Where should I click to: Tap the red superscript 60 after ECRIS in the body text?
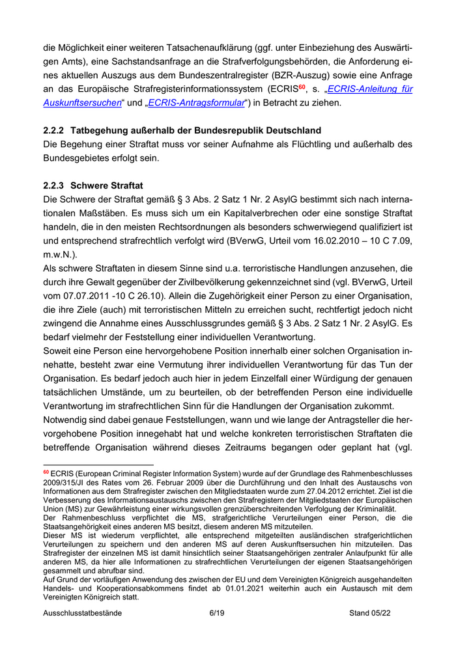point(303,85)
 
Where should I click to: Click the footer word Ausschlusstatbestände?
point(82,613)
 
